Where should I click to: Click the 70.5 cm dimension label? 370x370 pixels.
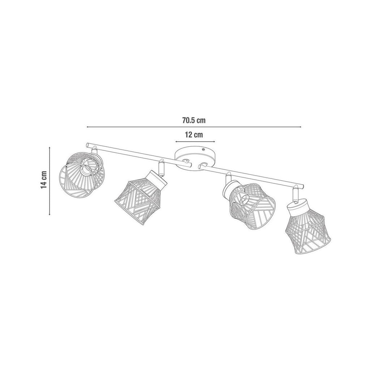(194, 120)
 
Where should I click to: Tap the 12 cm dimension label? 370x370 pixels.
(194, 135)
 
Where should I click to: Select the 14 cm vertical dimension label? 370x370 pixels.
(44, 180)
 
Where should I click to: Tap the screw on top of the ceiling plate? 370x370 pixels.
(203, 149)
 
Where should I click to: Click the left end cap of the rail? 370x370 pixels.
(87, 144)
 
